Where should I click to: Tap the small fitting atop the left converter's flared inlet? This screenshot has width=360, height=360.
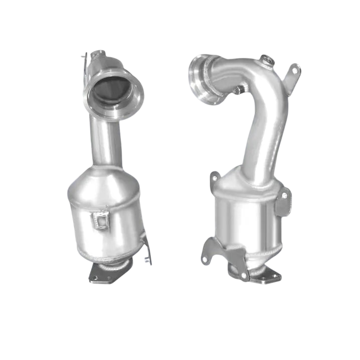point(95,56)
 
